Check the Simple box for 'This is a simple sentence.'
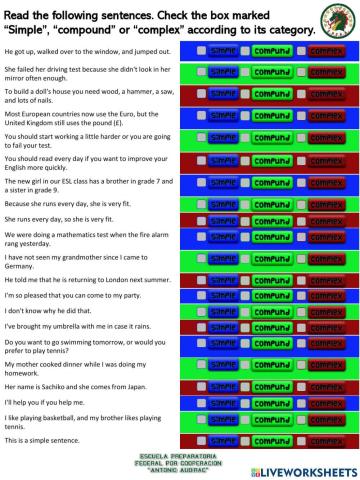click(201, 440)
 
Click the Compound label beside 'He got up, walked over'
click(271, 49)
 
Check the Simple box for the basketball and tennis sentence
click(201, 420)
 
